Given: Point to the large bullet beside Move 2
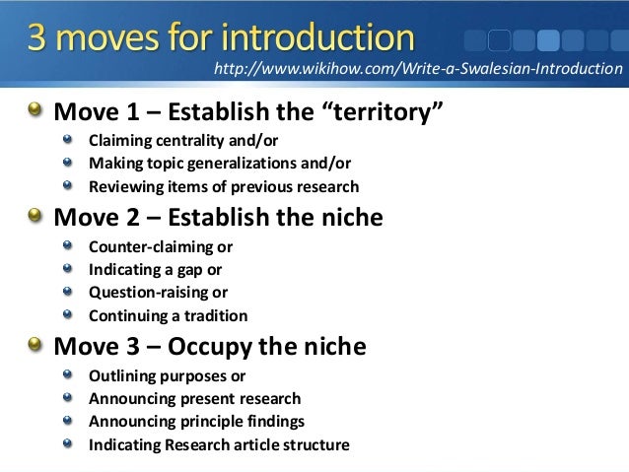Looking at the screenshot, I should click(x=35, y=216).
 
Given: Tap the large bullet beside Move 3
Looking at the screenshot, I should click(x=35, y=345).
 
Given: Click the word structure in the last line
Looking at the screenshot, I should click(x=314, y=444).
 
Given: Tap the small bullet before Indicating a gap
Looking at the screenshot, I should click(x=67, y=269).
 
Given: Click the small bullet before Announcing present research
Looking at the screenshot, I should click(x=67, y=398).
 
